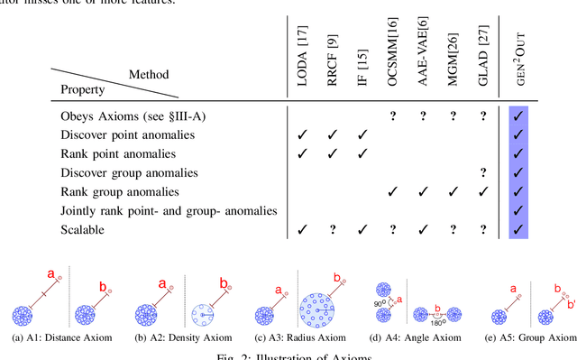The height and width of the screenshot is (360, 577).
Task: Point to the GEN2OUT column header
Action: (517, 61)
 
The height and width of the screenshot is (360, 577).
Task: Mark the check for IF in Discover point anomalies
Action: (362, 134)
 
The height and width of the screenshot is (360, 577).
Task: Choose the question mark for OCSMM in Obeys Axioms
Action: (393, 115)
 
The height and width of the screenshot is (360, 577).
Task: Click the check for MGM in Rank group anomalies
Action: (453, 192)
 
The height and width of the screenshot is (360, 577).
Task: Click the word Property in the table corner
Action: (82, 90)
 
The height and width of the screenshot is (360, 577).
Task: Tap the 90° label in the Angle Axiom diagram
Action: (379, 304)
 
